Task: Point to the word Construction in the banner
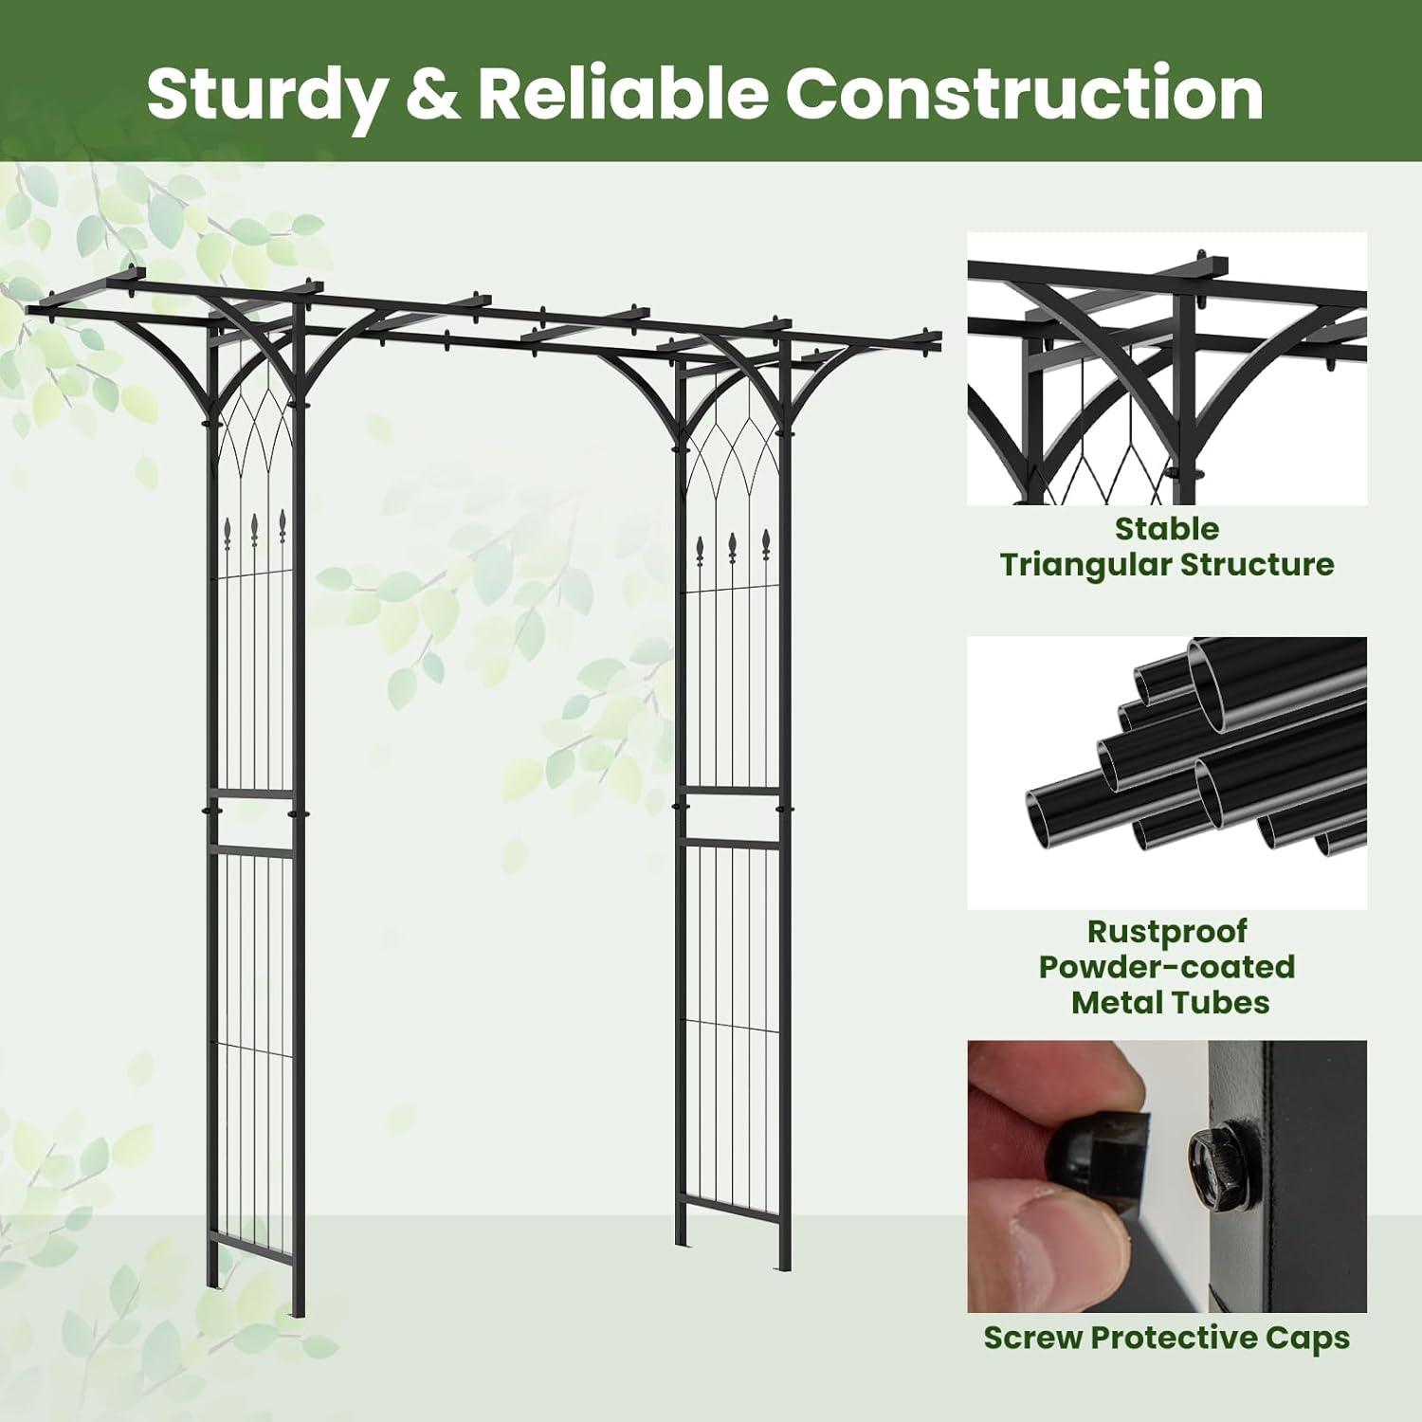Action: (x=1025, y=94)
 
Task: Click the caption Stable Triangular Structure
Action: (x=1167, y=546)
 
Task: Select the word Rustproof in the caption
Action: (x=1167, y=932)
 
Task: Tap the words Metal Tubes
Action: (x=1170, y=1002)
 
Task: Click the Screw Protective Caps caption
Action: (x=1167, y=1338)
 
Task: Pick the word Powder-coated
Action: (x=1167, y=967)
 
